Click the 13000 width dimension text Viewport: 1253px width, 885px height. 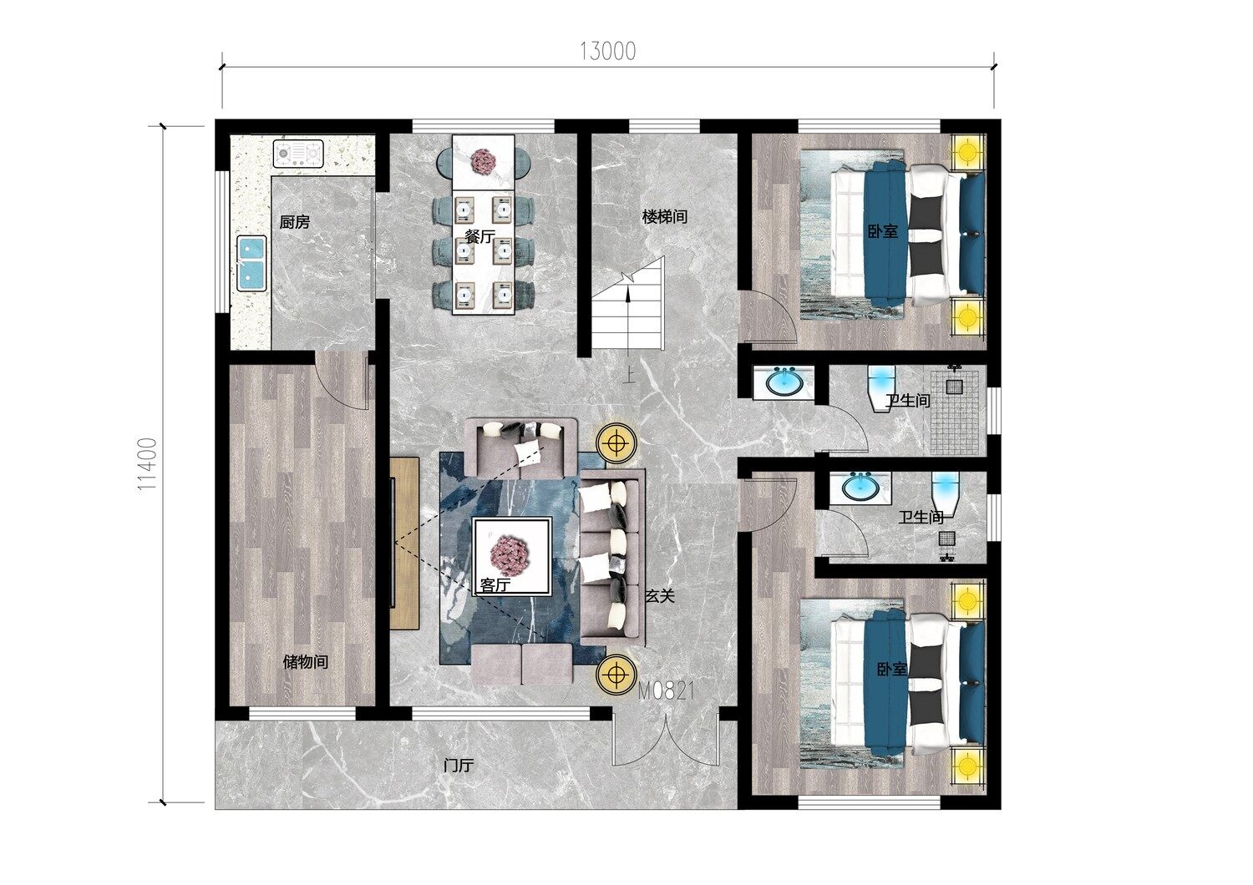tap(607, 52)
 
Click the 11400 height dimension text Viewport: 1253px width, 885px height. tap(148, 464)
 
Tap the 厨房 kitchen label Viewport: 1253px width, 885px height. tap(295, 223)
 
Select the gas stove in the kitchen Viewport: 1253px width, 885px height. tap(298, 153)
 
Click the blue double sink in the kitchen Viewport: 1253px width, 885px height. tap(251, 263)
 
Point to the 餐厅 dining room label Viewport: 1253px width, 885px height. tap(480, 236)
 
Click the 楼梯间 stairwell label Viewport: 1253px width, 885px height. tap(665, 216)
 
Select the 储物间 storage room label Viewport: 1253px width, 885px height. tap(306, 662)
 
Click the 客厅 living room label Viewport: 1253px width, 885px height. tap(495, 584)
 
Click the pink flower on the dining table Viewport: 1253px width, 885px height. tap(484, 162)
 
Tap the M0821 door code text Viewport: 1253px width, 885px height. tap(667, 691)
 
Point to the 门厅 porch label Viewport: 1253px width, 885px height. tap(459, 766)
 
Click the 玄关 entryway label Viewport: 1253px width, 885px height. tap(660, 596)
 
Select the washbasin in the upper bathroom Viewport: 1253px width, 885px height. tap(784, 383)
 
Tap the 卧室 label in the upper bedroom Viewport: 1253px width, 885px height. tap(883, 231)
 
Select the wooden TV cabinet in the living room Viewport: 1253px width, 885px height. tap(403, 543)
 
